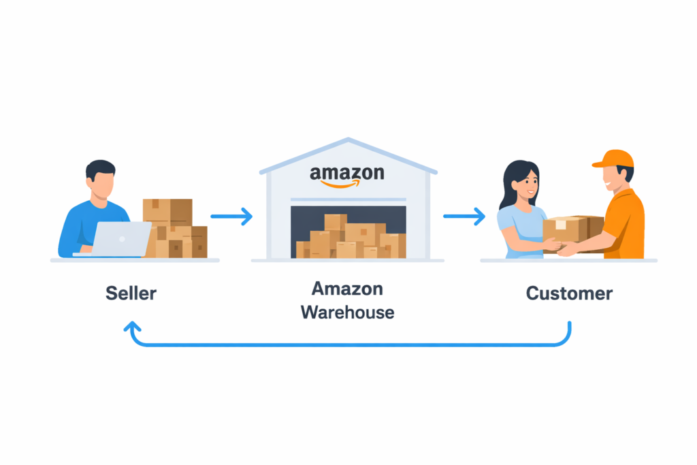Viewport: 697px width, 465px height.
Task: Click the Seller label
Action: coord(131,293)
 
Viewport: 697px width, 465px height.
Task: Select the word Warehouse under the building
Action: coord(347,312)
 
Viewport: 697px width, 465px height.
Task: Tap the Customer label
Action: coord(569,293)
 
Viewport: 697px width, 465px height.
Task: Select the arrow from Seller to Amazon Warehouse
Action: coord(231,217)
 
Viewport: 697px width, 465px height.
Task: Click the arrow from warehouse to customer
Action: coord(464,217)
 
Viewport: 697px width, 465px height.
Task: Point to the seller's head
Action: coord(101,178)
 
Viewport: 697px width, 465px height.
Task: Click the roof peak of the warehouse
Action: coord(348,141)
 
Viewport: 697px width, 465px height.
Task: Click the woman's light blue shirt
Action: coord(517,228)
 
